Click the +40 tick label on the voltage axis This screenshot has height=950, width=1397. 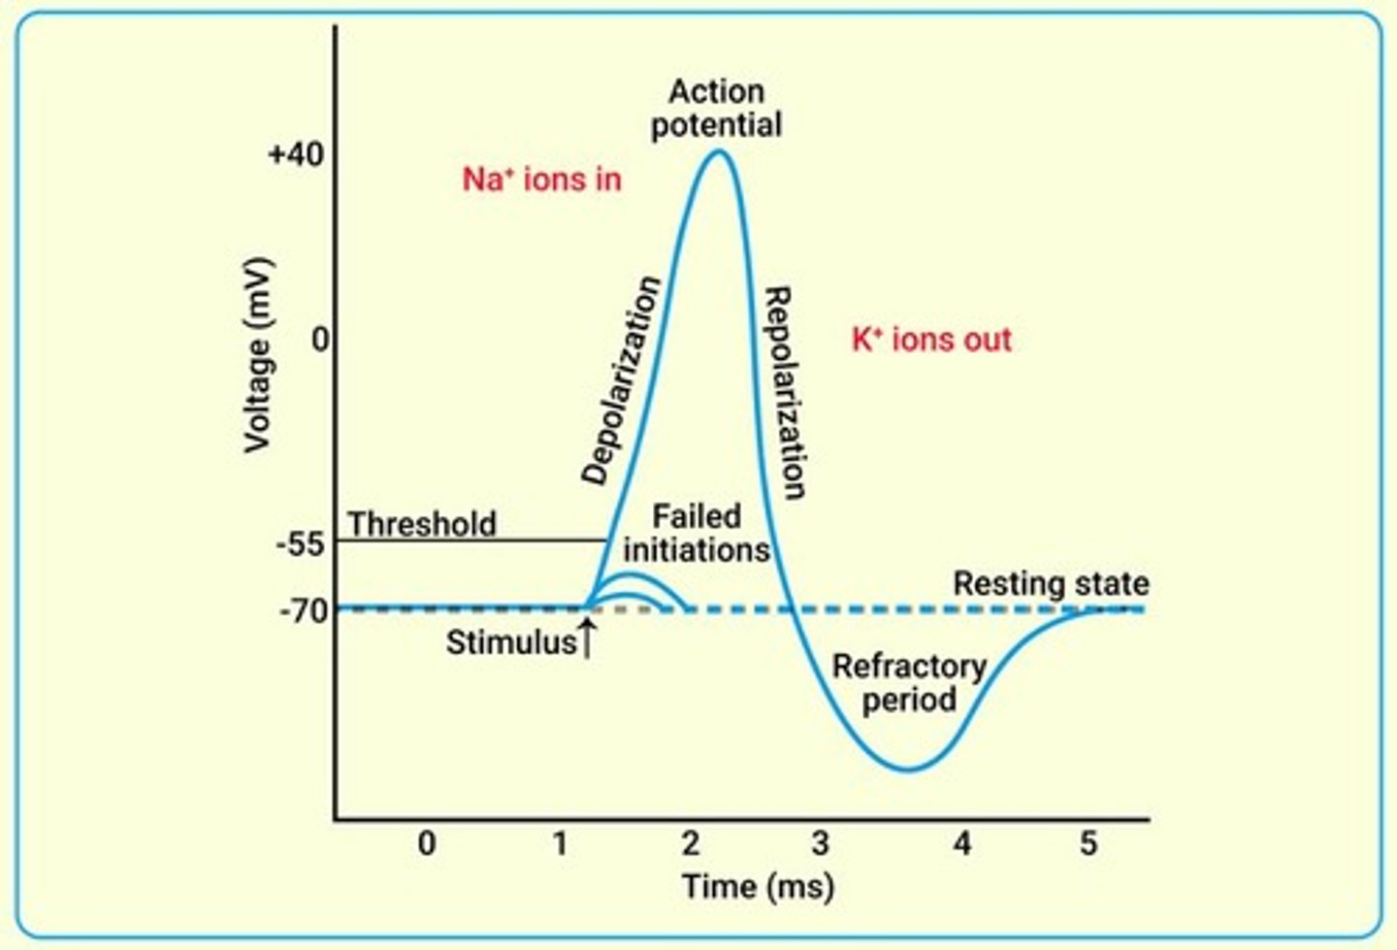point(295,155)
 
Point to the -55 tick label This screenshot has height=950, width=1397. point(300,544)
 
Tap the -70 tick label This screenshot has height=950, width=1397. point(304,612)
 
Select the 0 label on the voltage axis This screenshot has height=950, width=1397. point(318,341)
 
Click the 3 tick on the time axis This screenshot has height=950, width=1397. point(821,843)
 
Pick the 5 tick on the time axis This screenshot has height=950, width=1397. point(1088,843)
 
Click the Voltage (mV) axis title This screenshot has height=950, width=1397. point(257,355)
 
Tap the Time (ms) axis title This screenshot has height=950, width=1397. point(757,886)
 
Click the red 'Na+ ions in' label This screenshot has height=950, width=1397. point(541,180)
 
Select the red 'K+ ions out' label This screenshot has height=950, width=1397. point(931,340)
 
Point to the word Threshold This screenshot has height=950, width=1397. point(422,524)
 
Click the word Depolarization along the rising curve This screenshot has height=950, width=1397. point(622,380)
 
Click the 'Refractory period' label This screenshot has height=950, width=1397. point(909,683)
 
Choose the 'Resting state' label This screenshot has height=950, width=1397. point(1051,584)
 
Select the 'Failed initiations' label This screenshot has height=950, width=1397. point(697,533)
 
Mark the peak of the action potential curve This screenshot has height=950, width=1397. point(718,150)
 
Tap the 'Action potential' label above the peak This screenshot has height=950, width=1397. point(716,108)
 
